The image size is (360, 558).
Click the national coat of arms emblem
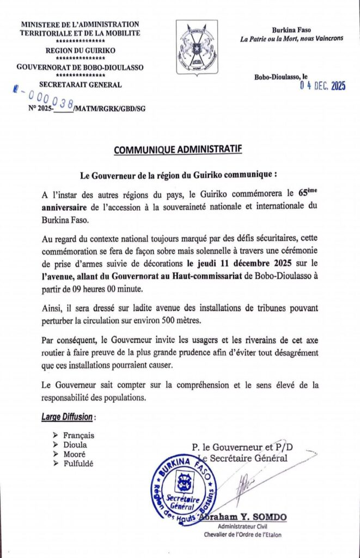tap(197, 48)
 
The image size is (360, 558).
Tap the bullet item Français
tap(78, 435)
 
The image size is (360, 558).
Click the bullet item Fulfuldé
tap(78, 463)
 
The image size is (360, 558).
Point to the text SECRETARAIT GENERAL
tap(81, 84)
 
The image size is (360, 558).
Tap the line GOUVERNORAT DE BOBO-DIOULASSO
tap(80, 67)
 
